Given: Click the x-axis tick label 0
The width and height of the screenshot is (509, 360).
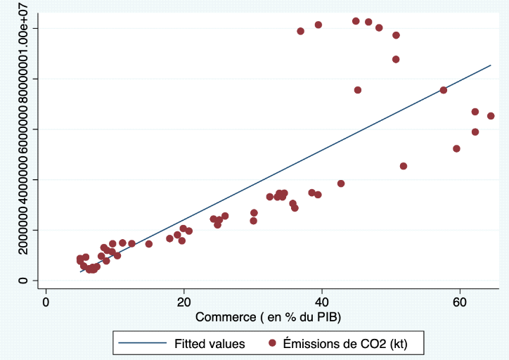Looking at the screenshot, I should click(46, 302).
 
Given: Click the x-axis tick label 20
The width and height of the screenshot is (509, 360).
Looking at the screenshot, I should click(184, 302).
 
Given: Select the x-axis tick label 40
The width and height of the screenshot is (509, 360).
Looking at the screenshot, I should click(322, 302).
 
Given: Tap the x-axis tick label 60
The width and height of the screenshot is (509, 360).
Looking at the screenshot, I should click(460, 302).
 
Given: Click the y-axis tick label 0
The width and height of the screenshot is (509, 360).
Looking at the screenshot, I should click(24, 281).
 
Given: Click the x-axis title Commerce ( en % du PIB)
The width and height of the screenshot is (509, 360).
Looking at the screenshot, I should click(268, 317).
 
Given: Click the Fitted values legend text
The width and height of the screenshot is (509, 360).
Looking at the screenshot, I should click(210, 344).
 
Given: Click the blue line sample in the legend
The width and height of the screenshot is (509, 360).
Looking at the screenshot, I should click(144, 344).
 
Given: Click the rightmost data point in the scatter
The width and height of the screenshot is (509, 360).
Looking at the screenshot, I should click(491, 116).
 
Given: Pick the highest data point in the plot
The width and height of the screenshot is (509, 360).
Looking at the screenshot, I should click(356, 21).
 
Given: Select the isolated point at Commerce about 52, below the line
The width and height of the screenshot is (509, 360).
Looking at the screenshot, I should click(403, 166).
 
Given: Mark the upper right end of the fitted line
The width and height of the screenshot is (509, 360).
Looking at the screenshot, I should click(490, 65).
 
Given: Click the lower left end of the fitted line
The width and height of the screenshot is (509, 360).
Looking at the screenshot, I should click(81, 271).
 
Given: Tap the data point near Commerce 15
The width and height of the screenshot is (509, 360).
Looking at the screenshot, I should click(148, 244).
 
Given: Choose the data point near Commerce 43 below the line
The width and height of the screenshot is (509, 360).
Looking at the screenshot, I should click(341, 184).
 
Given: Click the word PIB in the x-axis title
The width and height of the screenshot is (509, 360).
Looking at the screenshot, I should click(327, 317).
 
